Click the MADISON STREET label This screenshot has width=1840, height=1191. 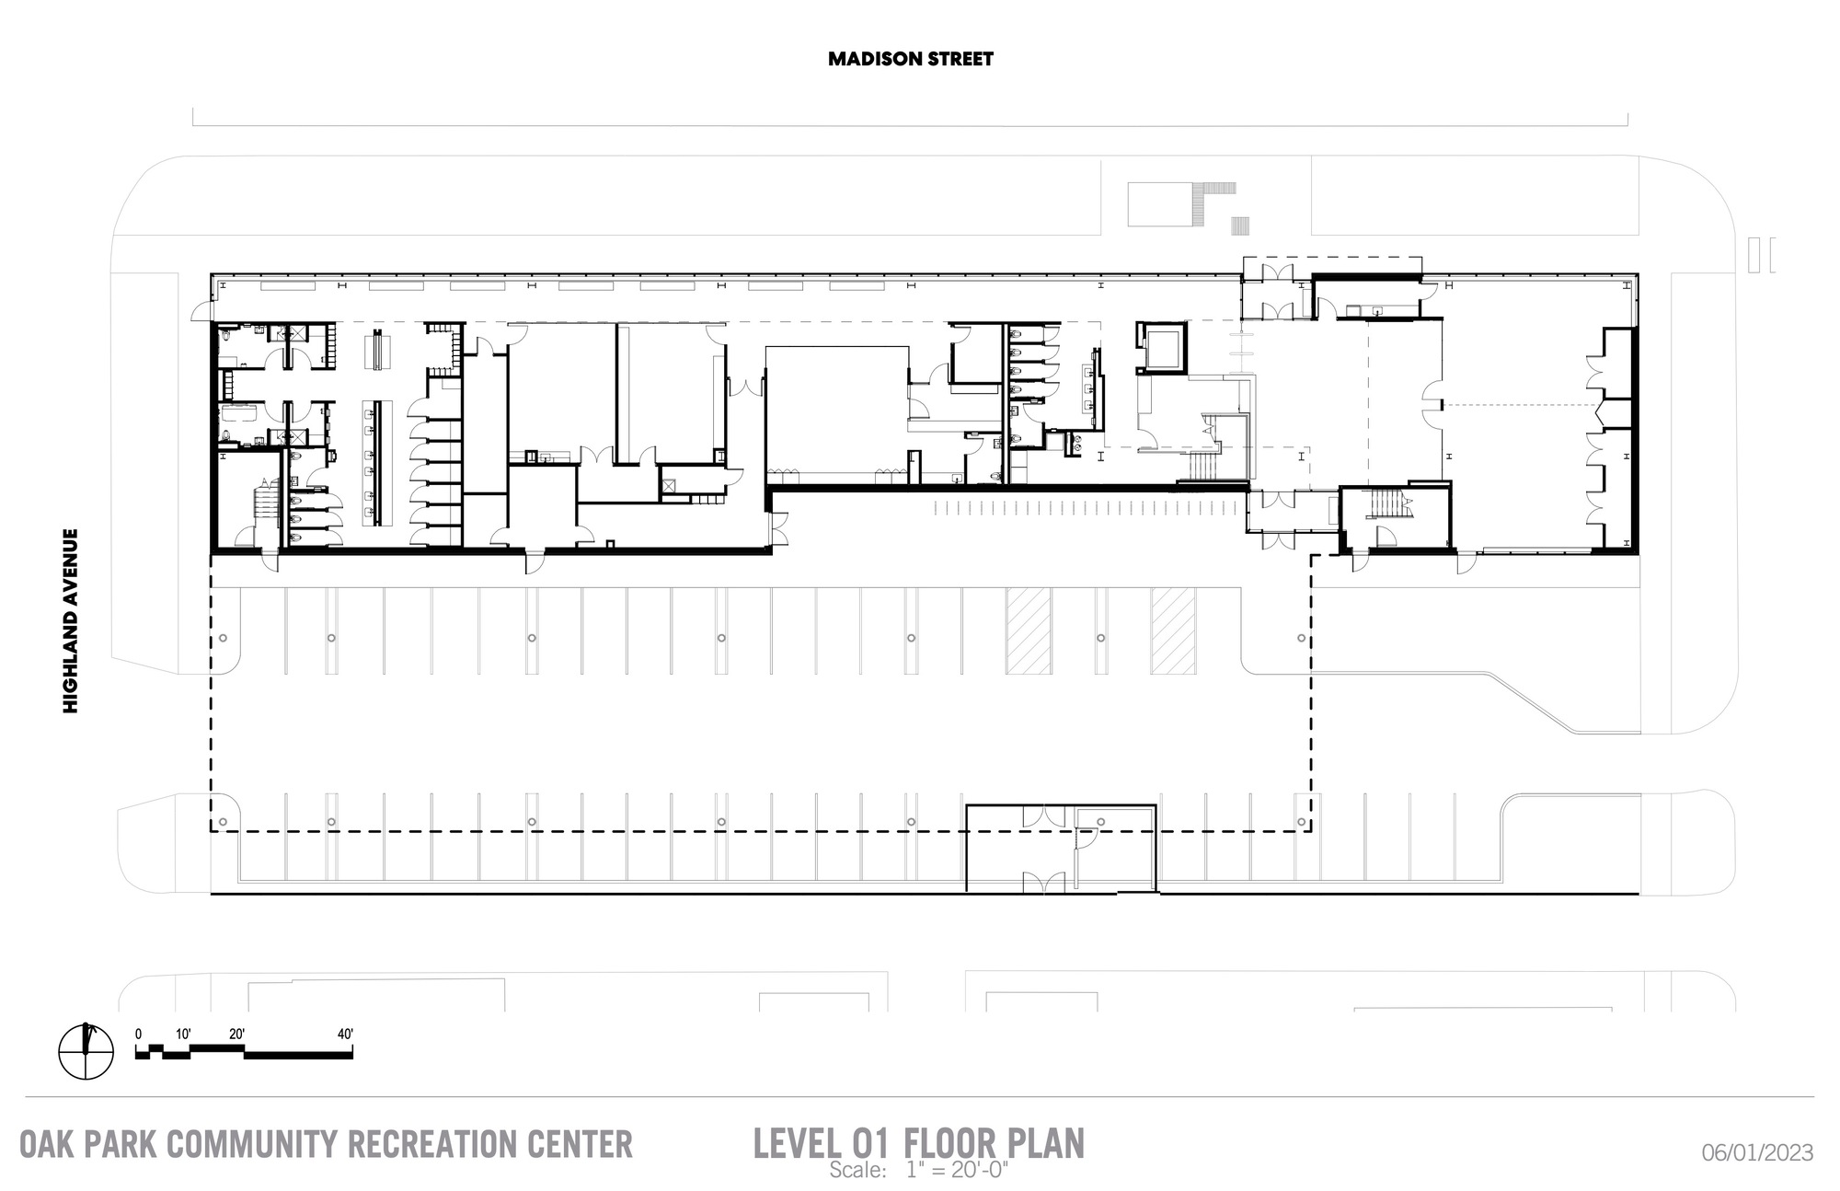pyautogui.click(x=910, y=59)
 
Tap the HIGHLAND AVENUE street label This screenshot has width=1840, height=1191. pyautogui.click(x=71, y=619)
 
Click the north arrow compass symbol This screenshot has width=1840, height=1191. pyautogui.click(x=86, y=1051)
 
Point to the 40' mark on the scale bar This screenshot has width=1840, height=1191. pyautogui.click(x=345, y=1034)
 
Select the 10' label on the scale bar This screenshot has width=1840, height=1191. pyautogui.click(x=183, y=1034)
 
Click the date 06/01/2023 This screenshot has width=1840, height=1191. pyautogui.click(x=1757, y=1151)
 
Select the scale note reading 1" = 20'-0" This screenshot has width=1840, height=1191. pyautogui.click(x=957, y=1171)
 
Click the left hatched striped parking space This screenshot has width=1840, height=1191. pyautogui.click(x=1028, y=630)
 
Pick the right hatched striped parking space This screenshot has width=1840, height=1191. pyautogui.click(x=1173, y=630)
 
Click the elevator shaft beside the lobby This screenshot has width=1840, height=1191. pyautogui.click(x=1162, y=345)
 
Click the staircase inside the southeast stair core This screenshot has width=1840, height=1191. pyautogui.click(x=1388, y=504)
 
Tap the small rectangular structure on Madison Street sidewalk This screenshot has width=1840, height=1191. pyautogui.click(x=1158, y=204)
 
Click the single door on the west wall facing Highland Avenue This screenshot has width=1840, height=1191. pyautogui.click(x=201, y=316)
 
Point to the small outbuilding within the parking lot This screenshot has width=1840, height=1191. pyautogui.click(x=1061, y=848)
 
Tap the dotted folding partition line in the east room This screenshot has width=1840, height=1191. pyautogui.click(x=1518, y=405)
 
